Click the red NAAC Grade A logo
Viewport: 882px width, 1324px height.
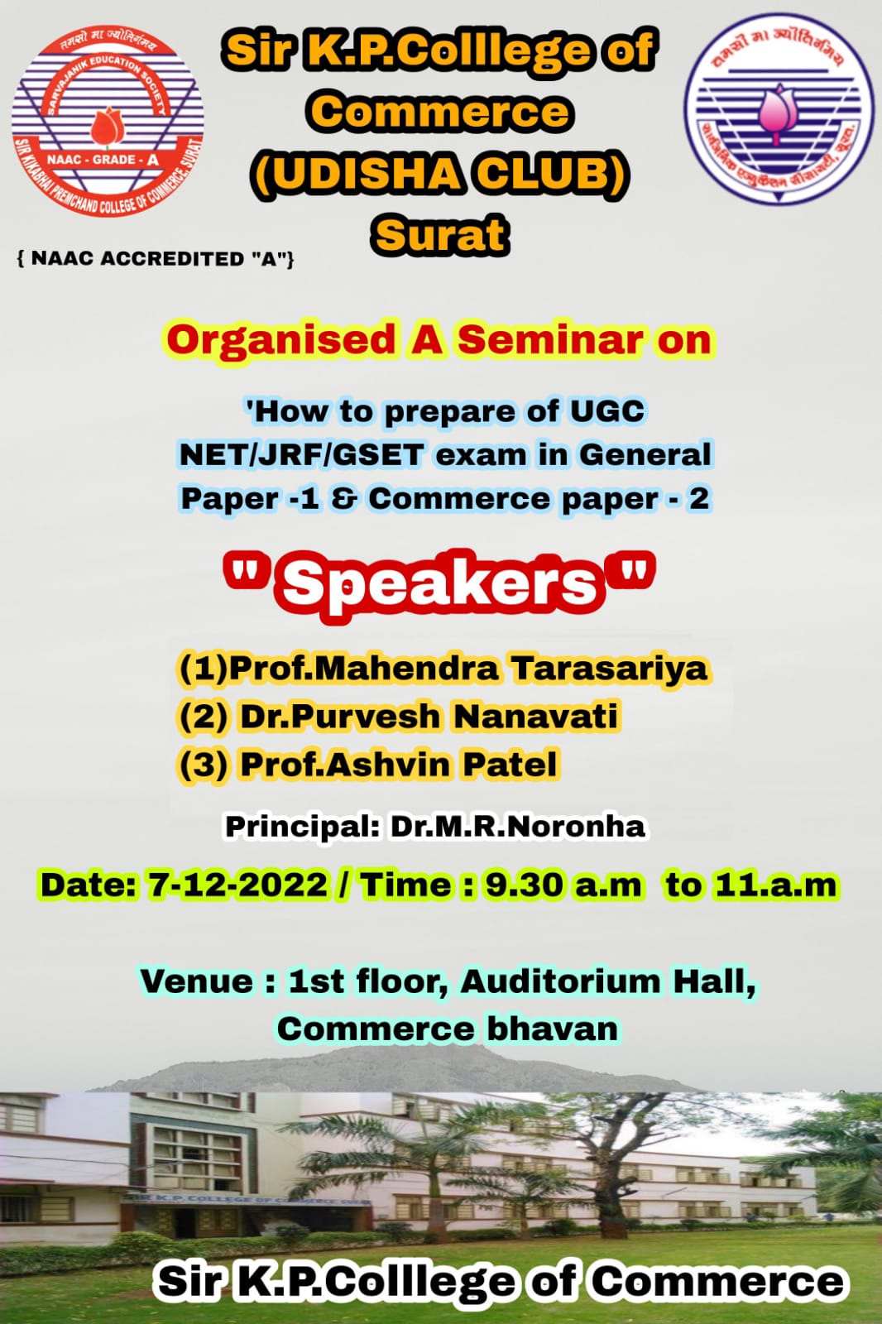point(108,121)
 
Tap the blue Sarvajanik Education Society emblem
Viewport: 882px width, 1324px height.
point(779,108)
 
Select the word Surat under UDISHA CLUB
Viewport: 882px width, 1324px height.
point(440,235)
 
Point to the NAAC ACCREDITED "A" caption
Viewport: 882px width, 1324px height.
point(156,259)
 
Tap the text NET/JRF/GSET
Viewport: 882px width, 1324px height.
point(301,454)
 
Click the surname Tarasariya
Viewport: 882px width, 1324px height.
point(610,669)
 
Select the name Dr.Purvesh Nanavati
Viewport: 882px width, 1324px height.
point(429,716)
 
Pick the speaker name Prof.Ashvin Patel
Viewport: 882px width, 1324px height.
point(399,764)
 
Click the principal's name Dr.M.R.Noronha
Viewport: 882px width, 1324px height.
point(517,827)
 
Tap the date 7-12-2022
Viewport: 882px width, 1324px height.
point(237,885)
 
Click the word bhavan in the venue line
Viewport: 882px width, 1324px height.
point(553,1029)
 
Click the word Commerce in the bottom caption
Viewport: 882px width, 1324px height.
point(718,1282)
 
